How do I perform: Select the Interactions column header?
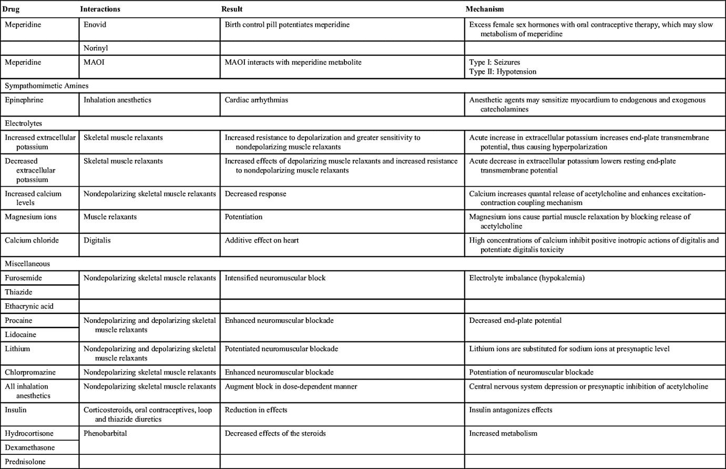(100, 9)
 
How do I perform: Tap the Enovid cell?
(95, 25)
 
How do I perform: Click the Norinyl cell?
(96, 48)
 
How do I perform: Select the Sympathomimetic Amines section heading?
(46, 86)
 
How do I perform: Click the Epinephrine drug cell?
(24, 100)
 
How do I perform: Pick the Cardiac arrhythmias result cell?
(257, 100)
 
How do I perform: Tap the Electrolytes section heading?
(23, 124)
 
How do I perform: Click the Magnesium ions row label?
(30, 217)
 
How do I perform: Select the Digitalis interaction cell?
(97, 241)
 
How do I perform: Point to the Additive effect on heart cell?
(262, 241)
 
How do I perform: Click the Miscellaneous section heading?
(27, 264)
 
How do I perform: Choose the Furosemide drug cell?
(23, 278)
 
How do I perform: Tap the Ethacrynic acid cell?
(29, 307)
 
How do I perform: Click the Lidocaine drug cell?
(21, 335)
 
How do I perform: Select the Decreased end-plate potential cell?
(515, 321)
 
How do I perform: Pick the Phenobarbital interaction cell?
(105, 434)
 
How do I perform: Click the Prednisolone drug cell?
(25, 462)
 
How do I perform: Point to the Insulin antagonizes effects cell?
(510, 410)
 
